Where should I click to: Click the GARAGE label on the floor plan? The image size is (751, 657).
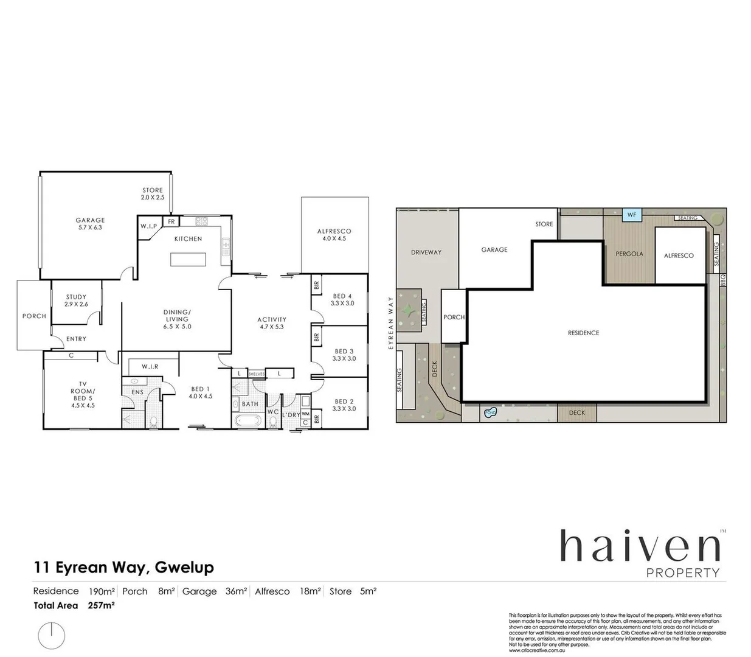[x=90, y=221]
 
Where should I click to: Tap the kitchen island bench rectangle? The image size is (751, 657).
[x=188, y=260]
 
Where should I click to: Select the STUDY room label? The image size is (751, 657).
[x=76, y=297]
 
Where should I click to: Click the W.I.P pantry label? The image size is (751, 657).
[x=149, y=226]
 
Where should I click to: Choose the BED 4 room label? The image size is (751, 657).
[x=342, y=297]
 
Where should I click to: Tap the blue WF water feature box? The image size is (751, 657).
[x=632, y=215]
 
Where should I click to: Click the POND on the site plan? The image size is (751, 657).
[x=490, y=413]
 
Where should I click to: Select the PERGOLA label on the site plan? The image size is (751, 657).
[x=629, y=254]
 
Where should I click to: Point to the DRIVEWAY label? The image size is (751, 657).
[x=426, y=252]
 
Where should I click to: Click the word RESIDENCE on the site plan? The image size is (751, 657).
[x=583, y=333]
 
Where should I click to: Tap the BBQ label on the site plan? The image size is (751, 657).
[x=722, y=280]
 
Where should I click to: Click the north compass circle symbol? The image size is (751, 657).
[x=52, y=635]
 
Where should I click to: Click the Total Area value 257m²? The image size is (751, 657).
[x=102, y=605]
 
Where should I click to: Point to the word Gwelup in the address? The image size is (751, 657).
[x=184, y=568]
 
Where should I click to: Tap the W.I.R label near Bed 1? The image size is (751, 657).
[x=150, y=367]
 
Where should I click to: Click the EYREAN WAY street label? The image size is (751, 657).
[x=391, y=323]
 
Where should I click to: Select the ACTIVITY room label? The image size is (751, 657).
[x=271, y=319]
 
